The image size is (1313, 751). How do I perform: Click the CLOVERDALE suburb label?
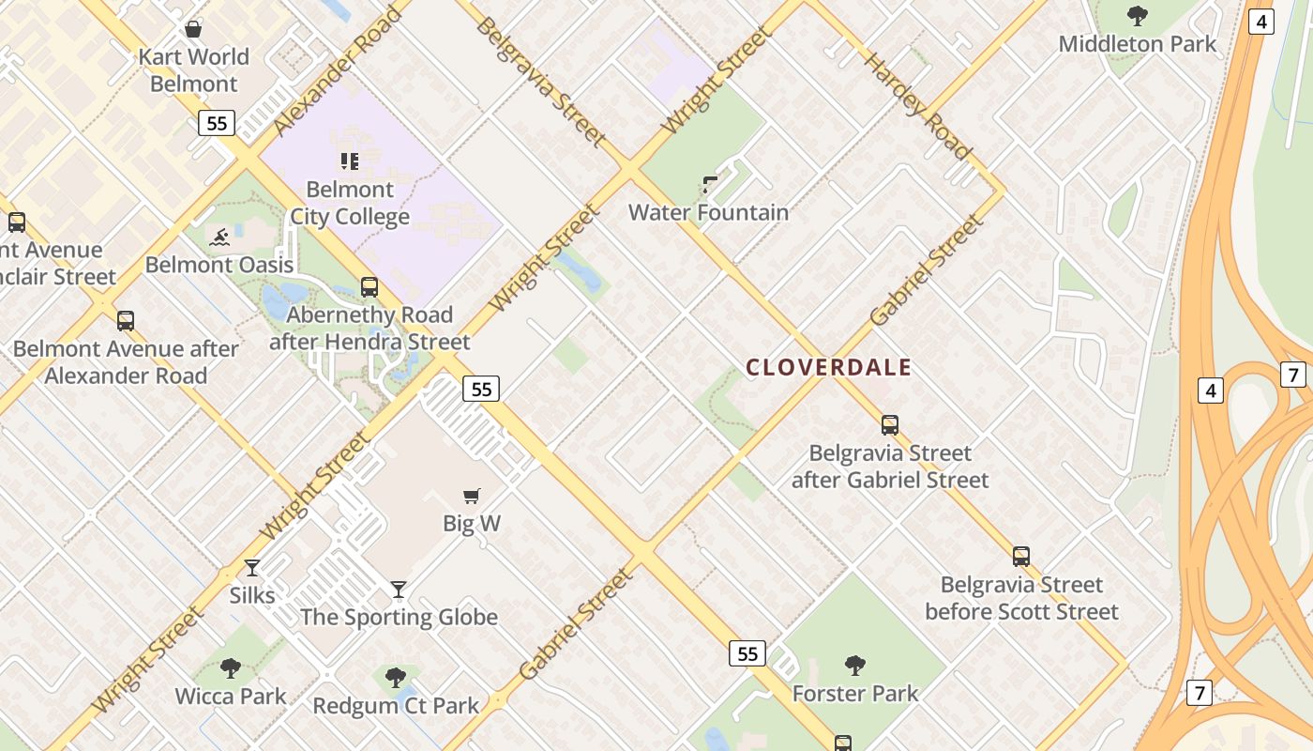(x=828, y=367)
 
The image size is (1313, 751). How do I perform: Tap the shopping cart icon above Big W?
(x=472, y=496)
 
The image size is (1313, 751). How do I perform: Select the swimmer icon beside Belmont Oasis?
(x=219, y=237)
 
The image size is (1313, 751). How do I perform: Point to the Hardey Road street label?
(x=916, y=106)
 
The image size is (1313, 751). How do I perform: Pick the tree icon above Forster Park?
(x=854, y=666)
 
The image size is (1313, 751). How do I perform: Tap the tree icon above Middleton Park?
(x=1138, y=16)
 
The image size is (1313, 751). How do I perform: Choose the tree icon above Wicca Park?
(x=231, y=668)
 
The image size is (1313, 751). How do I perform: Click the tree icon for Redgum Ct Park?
(x=396, y=677)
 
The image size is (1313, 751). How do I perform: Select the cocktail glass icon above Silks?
(x=252, y=568)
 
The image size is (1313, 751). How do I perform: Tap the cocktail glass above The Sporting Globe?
(x=399, y=590)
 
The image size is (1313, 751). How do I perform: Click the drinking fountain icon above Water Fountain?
(x=710, y=184)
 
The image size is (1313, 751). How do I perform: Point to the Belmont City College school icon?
(x=350, y=161)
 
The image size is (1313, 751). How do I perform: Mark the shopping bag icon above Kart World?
(x=193, y=29)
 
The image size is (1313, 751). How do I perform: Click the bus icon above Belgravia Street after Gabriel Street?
(x=890, y=425)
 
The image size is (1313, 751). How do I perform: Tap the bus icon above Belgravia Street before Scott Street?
(x=1021, y=557)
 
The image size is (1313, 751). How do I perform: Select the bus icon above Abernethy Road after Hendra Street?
(x=370, y=287)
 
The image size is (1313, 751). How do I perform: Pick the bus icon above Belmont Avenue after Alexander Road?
(x=126, y=321)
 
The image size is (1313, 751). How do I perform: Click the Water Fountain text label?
(x=708, y=212)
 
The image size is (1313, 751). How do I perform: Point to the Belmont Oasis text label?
(x=219, y=265)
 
